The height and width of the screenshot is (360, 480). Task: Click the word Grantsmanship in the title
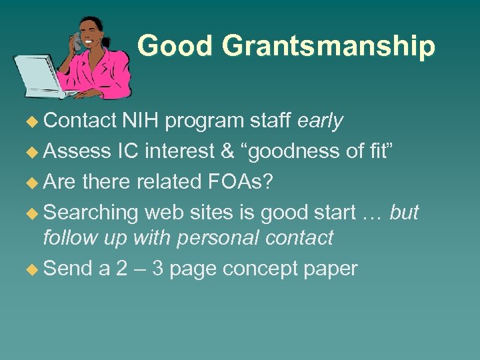[329, 47]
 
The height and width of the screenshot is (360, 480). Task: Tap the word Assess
[77, 151]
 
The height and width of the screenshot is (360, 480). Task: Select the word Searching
[90, 213]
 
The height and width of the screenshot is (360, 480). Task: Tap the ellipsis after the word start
[370, 213]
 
